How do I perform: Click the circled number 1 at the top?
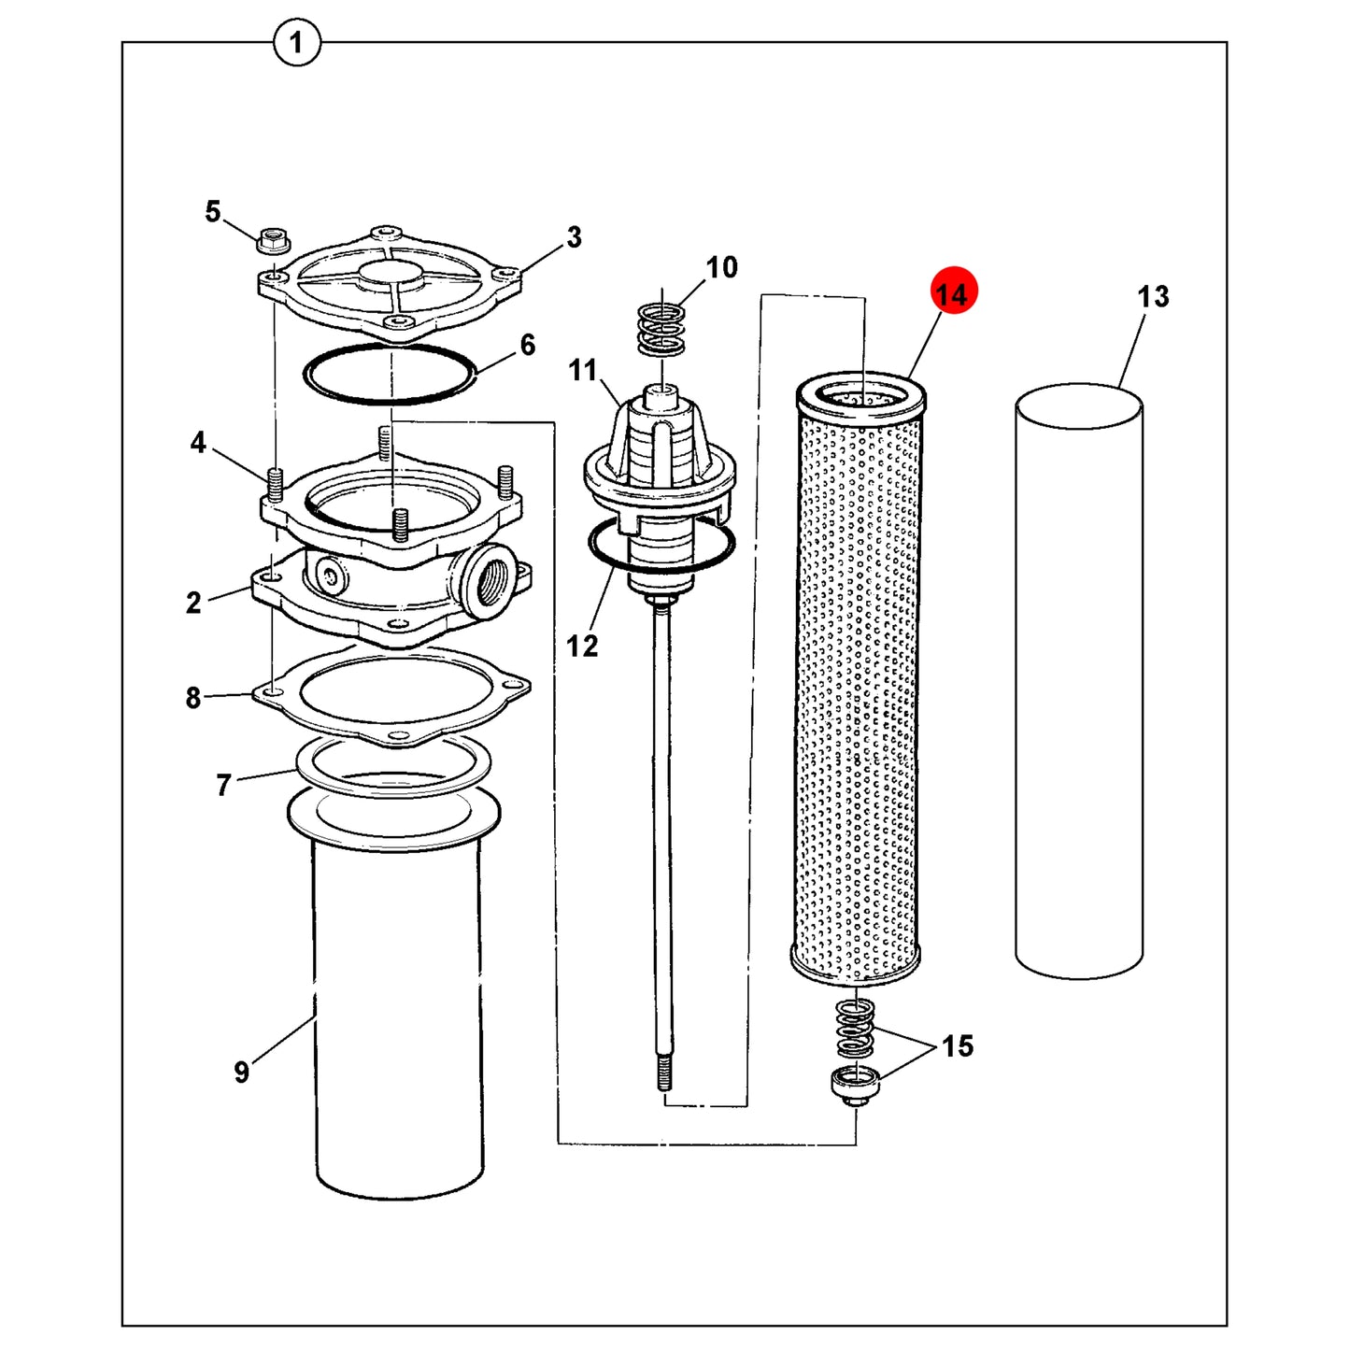296,43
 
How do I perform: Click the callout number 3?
574,237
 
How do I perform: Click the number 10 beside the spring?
721,267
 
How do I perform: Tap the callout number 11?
582,370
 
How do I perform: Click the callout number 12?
581,646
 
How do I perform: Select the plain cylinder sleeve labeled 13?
1079,680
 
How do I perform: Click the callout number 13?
1153,296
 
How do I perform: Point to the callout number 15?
957,1046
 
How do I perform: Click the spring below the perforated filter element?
855,1029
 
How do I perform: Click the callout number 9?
241,1072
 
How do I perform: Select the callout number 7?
222,785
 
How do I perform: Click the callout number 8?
193,698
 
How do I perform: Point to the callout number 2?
193,603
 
